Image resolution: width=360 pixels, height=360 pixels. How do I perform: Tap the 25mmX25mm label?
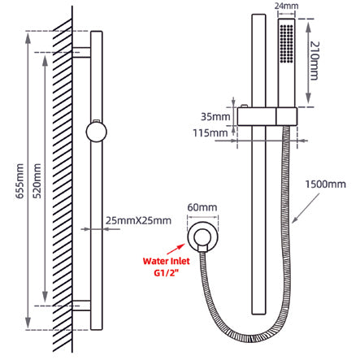point(139,221)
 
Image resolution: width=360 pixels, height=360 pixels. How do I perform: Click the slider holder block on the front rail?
point(267,116)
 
